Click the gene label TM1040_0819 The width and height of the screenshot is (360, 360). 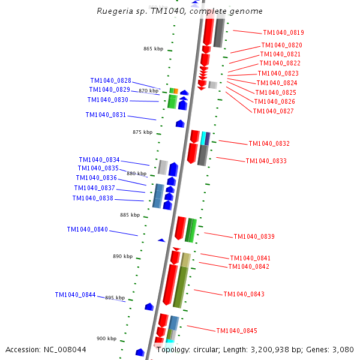(283, 32)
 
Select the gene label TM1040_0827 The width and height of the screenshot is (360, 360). (273, 111)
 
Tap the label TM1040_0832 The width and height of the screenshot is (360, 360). (269, 143)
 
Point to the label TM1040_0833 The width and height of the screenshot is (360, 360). (266, 161)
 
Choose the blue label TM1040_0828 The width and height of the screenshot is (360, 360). (110, 80)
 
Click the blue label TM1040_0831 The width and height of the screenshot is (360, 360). (106, 115)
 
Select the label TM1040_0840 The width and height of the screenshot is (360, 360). (87, 229)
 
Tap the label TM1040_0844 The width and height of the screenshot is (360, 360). (75, 295)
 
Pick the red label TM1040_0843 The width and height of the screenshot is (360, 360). (244, 294)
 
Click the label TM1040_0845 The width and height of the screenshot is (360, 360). (236, 331)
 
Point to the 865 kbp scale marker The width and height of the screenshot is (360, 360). (153, 49)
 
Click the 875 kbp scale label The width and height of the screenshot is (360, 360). (142, 132)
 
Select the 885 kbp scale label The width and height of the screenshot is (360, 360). (130, 215)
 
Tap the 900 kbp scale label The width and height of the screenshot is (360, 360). (106, 338)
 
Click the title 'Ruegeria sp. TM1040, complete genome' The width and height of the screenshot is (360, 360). (179, 11)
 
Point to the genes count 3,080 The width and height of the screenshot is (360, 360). (343, 349)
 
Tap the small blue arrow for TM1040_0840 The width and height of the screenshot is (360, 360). (161, 240)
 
